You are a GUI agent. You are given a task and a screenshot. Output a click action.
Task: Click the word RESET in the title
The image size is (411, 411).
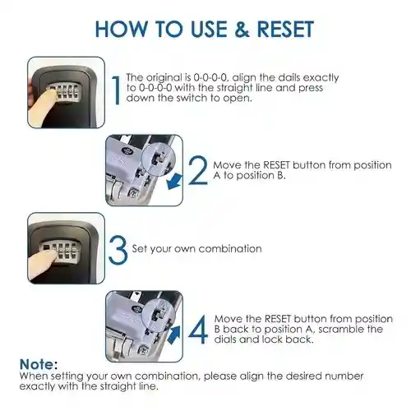point(285,29)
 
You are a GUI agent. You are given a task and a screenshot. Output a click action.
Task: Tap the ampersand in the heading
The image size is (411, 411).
point(242,29)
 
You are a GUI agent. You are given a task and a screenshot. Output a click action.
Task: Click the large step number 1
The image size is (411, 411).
point(117,90)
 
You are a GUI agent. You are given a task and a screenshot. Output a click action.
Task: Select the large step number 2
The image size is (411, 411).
point(198,170)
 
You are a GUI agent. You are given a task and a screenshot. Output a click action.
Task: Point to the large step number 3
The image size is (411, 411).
point(118,250)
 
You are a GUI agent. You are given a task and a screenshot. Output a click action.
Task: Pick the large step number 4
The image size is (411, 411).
point(198,329)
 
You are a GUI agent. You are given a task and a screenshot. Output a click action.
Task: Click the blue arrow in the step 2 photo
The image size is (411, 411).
point(174,181)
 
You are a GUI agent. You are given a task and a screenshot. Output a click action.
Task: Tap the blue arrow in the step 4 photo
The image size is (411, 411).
point(173,335)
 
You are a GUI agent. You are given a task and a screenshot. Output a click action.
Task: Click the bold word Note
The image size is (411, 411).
point(37,364)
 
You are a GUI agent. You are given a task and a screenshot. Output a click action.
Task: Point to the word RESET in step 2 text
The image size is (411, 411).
point(276,165)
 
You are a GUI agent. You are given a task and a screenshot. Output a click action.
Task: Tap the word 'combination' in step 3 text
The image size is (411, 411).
point(230,249)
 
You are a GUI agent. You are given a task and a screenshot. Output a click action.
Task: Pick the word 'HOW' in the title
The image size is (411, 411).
point(121,29)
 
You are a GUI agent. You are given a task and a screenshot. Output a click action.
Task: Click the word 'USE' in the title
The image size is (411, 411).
point(209,29)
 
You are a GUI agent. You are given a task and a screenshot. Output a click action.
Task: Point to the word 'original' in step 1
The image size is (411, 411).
point(164,78)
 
